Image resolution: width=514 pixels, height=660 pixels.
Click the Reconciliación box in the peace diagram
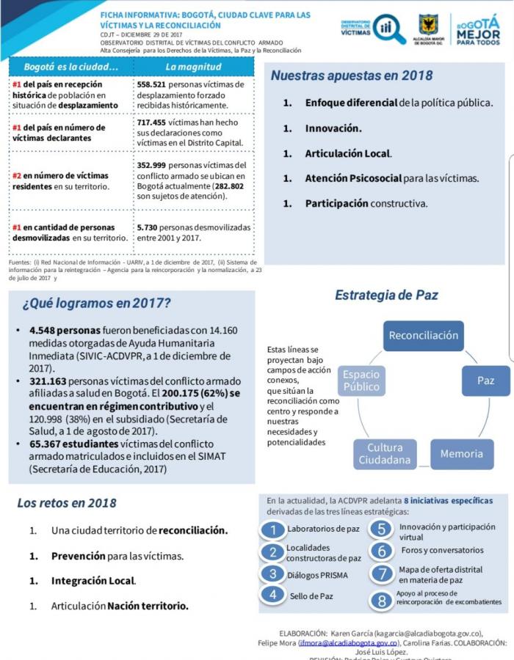click(424, 336)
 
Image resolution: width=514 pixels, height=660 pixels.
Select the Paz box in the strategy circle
click(485, 381)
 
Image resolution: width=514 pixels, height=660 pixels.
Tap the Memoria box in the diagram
click(461, 454)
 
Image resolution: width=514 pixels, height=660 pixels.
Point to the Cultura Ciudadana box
click(384, 454)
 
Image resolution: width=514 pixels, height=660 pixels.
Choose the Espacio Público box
click(361, 381)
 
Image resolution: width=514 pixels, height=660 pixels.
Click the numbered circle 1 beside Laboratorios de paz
click(273, 529)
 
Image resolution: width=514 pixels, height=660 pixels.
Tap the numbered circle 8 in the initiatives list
click(382, 601)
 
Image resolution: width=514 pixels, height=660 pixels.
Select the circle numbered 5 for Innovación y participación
click(382, 529)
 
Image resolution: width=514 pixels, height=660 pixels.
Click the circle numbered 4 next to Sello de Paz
click(273, 595)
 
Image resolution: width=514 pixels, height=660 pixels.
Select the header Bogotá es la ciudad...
click(71, 67)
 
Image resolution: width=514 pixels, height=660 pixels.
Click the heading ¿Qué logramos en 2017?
click(96, 303)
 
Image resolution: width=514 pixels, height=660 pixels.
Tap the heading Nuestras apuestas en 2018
click(351, 76)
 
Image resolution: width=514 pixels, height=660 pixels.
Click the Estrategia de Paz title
click(386, 296)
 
